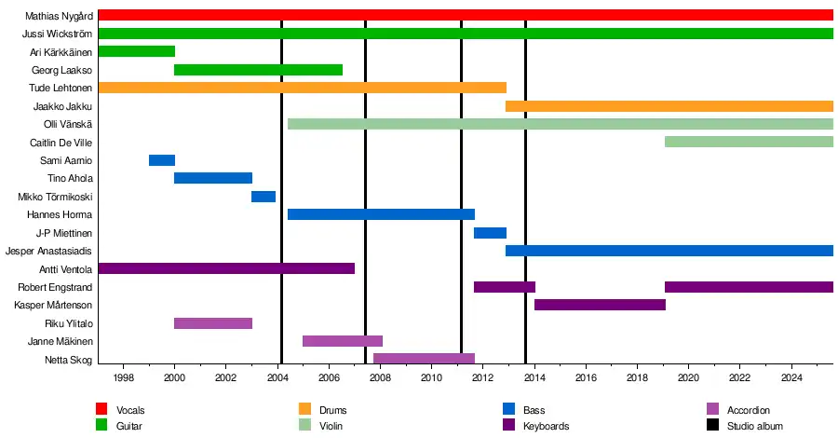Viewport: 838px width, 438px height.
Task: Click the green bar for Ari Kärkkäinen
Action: click(136, 51)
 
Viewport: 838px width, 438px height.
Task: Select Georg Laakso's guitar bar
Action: click(258, 70)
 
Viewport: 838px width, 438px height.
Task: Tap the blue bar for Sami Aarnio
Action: click(161, 160)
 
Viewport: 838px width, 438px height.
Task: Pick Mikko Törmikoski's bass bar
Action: click(264, 197)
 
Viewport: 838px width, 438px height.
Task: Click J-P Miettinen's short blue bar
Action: click(490, 233)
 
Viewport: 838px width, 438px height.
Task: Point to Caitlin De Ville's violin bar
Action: click(749, 142)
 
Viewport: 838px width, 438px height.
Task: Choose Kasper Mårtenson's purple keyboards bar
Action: click(600, 305)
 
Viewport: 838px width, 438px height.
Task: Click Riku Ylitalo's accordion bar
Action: click(213, 323)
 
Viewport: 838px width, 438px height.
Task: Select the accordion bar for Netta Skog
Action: click(424, 359)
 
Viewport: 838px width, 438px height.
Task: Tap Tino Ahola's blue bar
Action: click(213, 178)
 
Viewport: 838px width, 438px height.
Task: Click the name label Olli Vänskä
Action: click(68, 124)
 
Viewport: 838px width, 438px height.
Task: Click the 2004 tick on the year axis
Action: click(277, 377)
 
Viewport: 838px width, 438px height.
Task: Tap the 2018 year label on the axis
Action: click(637, 377)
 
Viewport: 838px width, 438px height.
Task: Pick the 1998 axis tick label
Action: click(123, 377)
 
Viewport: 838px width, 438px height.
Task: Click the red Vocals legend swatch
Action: click(102, 409)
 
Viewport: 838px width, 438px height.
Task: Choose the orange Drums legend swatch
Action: click(304, 409)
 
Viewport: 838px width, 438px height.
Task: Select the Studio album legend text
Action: click(756, 426)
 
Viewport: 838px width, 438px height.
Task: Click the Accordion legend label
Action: click(749, 410)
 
